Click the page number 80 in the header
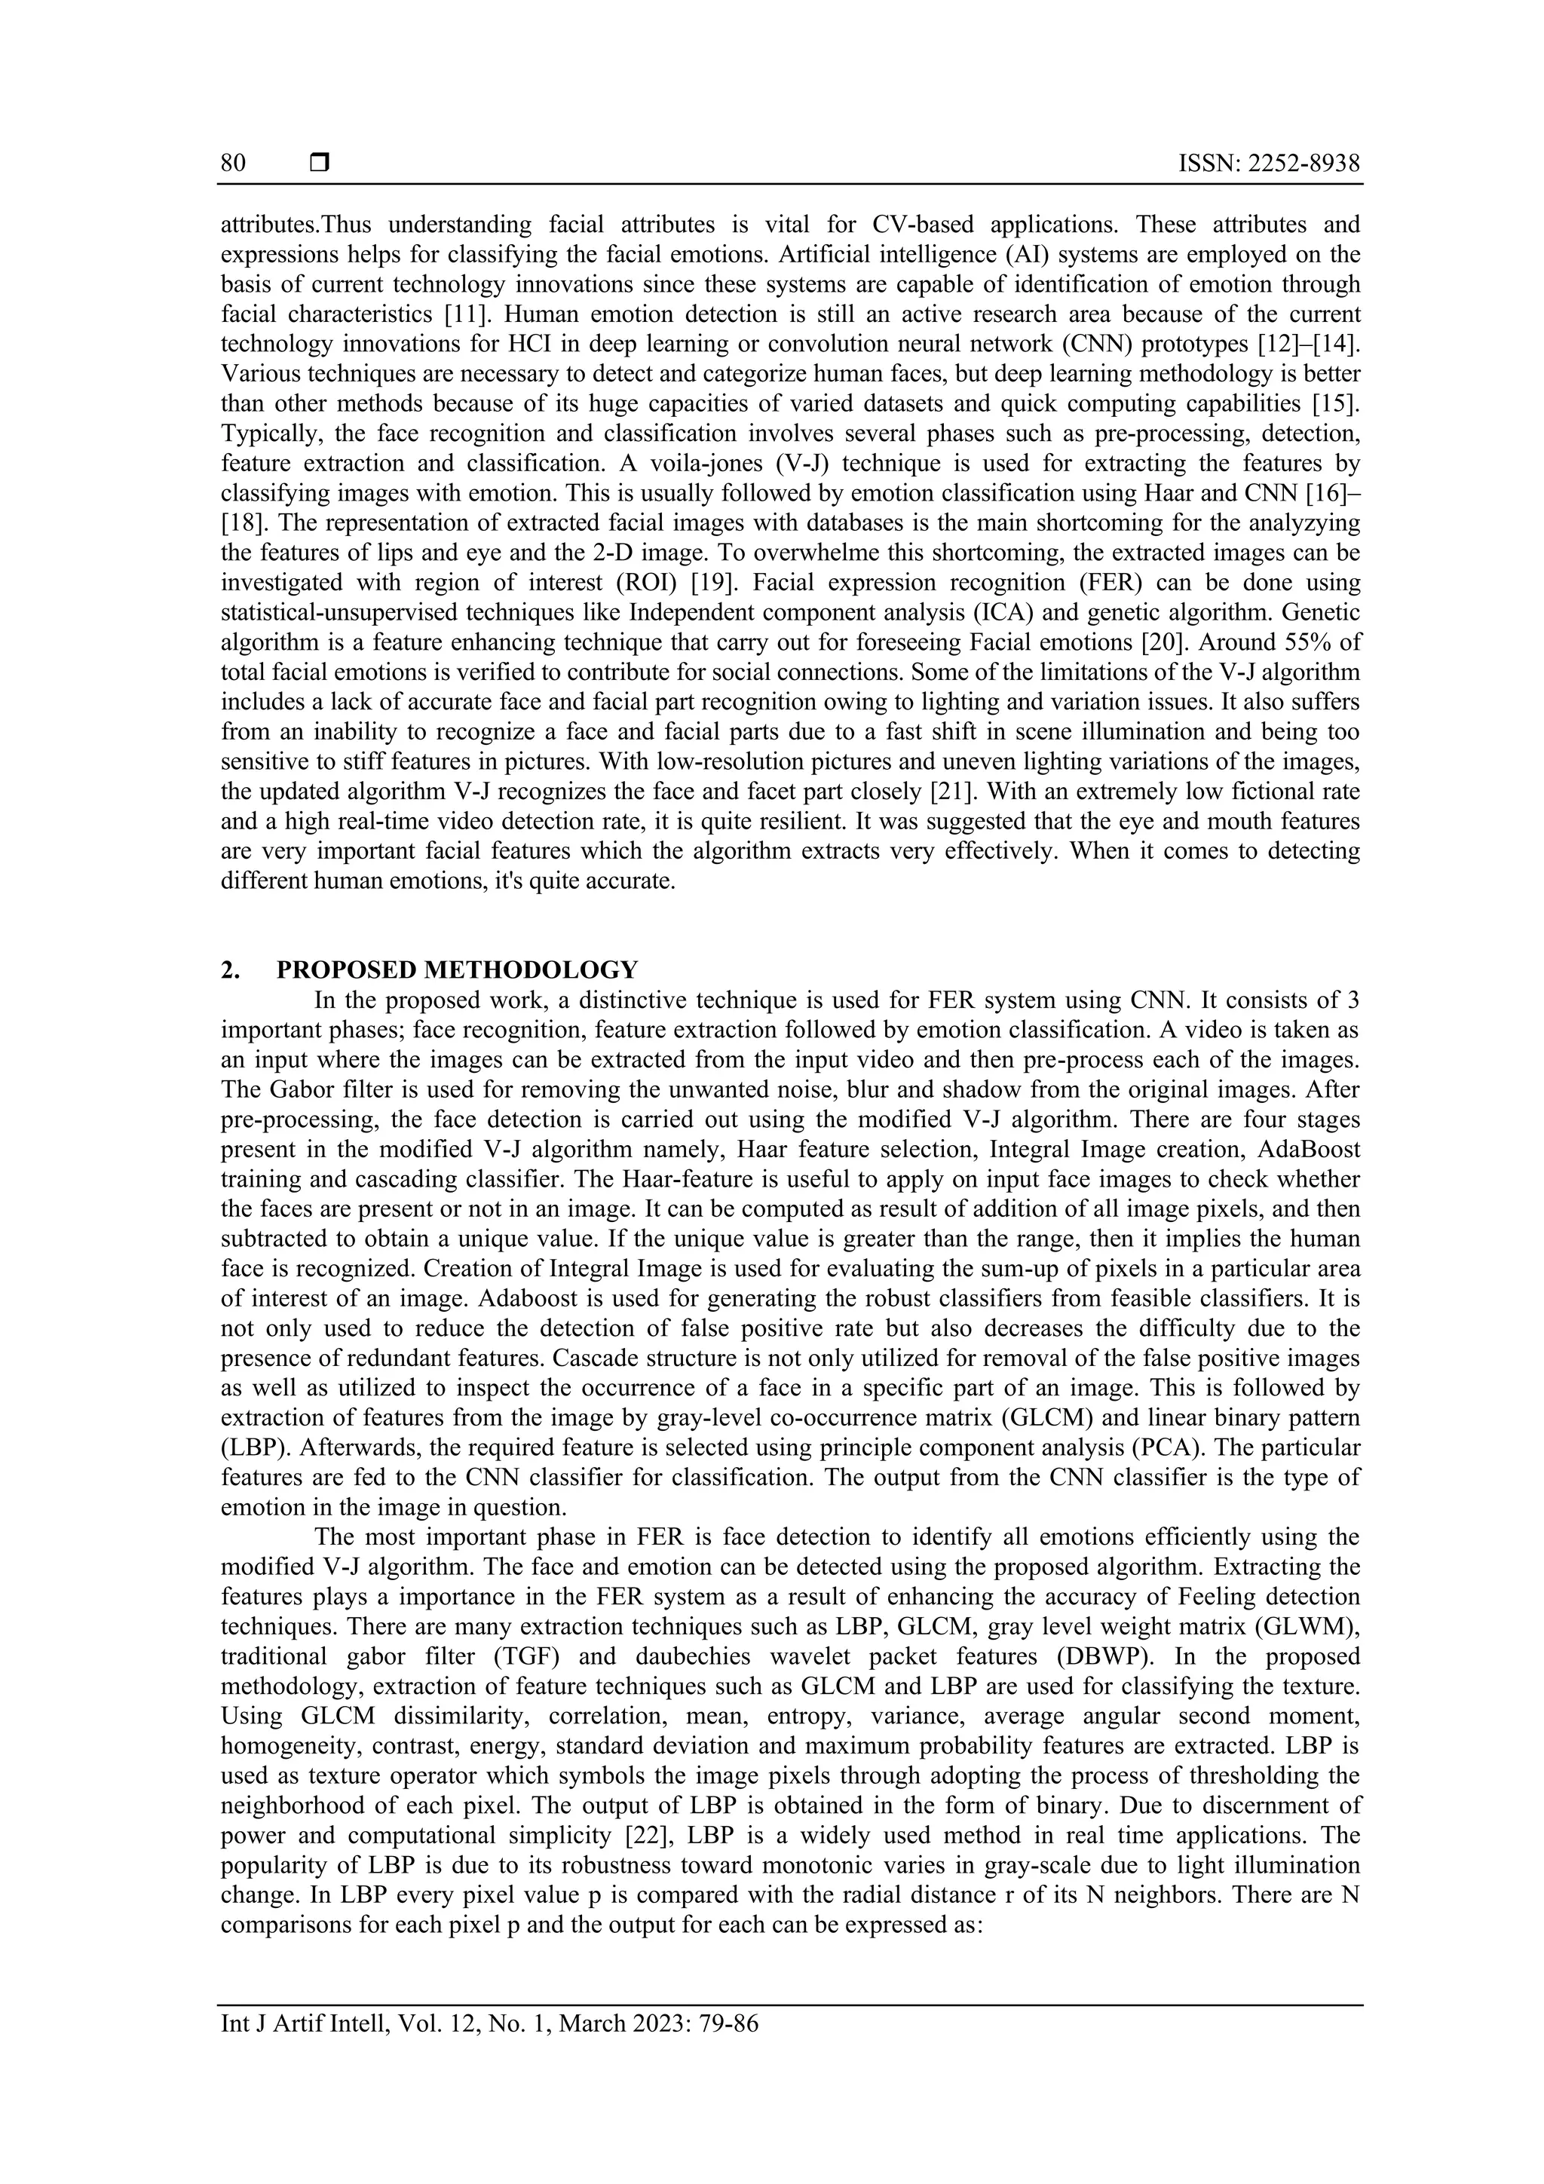click(233, 164)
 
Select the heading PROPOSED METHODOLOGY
click(457, 970)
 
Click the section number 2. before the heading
click(229, 970)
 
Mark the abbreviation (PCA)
click(1120, 1447)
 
